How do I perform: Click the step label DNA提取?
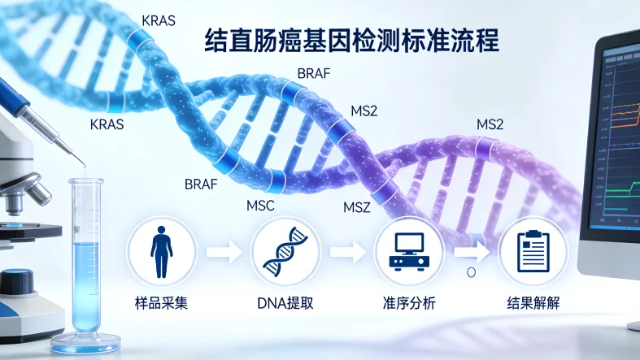tap(285, 303)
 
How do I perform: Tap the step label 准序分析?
tap(408, 303)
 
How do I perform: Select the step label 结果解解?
tap(533, 303)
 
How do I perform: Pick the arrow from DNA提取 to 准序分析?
tap(346, 252)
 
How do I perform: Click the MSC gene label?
tap(260, 206)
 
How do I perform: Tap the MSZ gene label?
tap(357, 208)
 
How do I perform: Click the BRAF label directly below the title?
tap(314, 73)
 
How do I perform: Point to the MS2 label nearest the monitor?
tap(490, 124)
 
